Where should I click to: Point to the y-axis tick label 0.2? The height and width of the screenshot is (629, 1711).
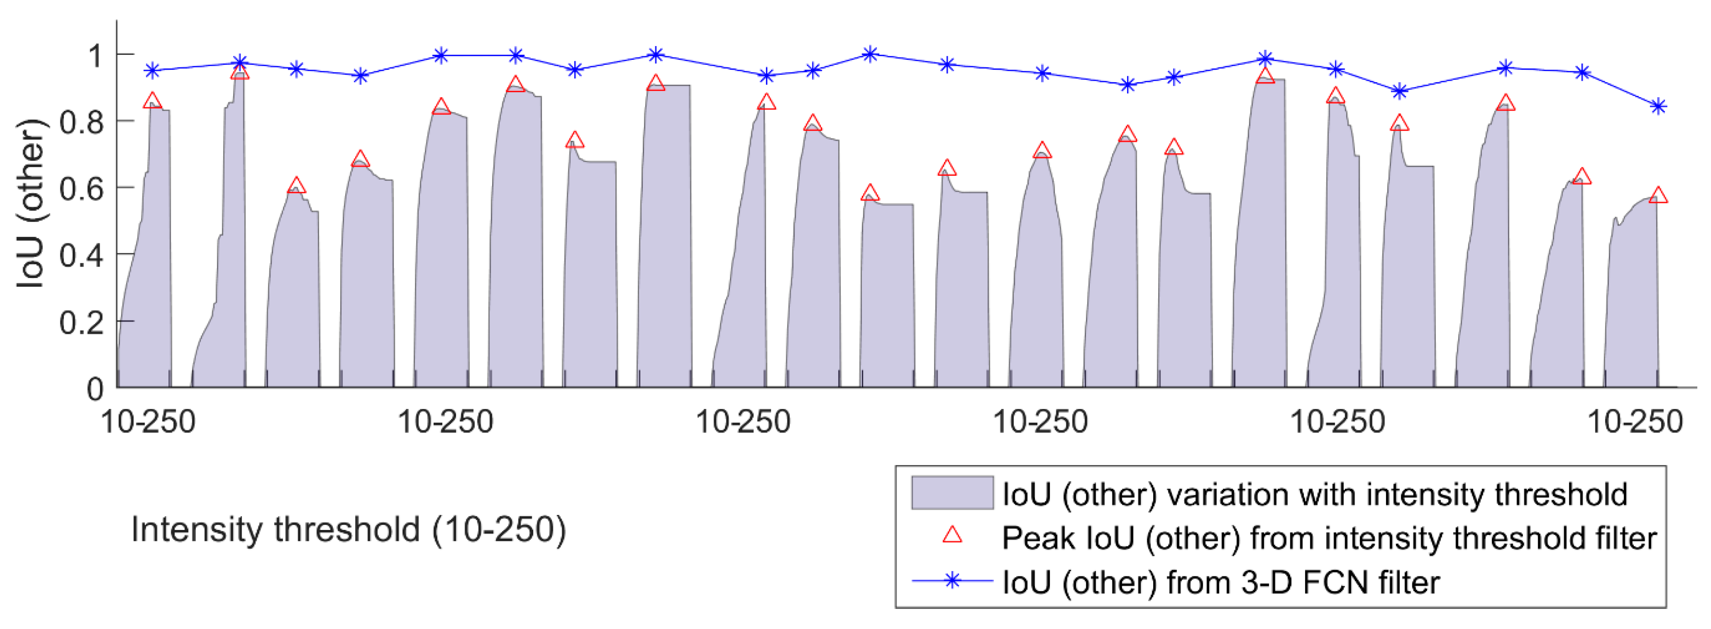(x=81, y=323)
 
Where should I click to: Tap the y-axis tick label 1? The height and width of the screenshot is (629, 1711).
(x=95, y=56)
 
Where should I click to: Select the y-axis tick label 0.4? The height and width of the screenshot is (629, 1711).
(x=81, y=256)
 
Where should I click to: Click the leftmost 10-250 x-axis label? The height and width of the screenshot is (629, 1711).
(x=148, y=422)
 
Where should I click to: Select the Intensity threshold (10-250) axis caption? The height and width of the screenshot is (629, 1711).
(x=349, y=530)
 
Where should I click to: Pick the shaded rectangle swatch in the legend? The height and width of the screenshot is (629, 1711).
(x=952, y=493)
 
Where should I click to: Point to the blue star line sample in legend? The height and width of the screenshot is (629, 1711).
(x=952, y=581)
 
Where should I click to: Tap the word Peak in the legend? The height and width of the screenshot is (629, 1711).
(x=1038, y=538)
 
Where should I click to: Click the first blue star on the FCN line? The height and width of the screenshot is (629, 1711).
(x=152, y=70)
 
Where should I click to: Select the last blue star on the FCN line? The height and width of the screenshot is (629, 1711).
(x=1659, y=106)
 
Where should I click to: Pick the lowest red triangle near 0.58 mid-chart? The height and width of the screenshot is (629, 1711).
(x=870, y=193)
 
